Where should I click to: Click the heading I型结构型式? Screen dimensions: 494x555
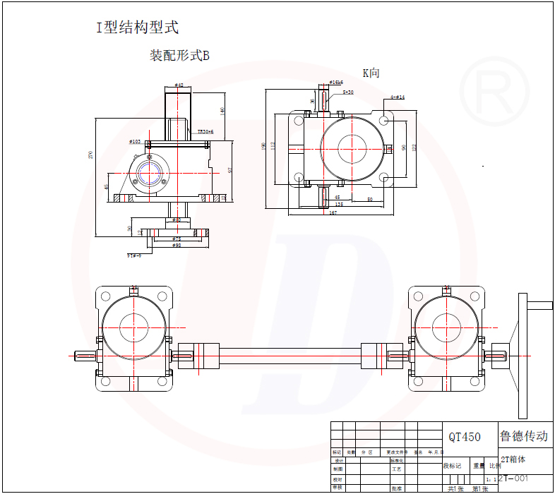coord(138,28)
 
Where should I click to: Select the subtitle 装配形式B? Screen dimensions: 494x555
coord(179,56)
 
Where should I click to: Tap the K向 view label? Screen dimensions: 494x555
coord(371,73)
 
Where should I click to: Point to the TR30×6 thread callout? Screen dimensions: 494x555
coord(205,131)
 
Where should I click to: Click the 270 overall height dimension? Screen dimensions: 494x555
coord(90,155)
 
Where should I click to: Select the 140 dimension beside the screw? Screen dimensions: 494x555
coord(222,111)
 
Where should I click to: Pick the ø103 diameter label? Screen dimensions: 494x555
coord(135,142)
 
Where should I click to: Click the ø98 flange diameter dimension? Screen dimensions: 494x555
coord(177,246)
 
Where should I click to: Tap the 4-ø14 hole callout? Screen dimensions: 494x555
coord(398,97)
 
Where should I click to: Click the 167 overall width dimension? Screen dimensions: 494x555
coord(333,212)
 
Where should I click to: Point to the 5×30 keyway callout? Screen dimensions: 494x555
coord(347,92)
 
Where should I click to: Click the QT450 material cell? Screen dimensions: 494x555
coord(464,437)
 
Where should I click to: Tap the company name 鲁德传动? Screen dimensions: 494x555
coord(523,436)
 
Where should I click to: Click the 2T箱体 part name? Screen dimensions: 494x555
coord(513,458)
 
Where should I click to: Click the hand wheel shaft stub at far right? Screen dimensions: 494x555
coord(541,306)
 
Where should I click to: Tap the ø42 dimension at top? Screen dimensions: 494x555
coord(179,85)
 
